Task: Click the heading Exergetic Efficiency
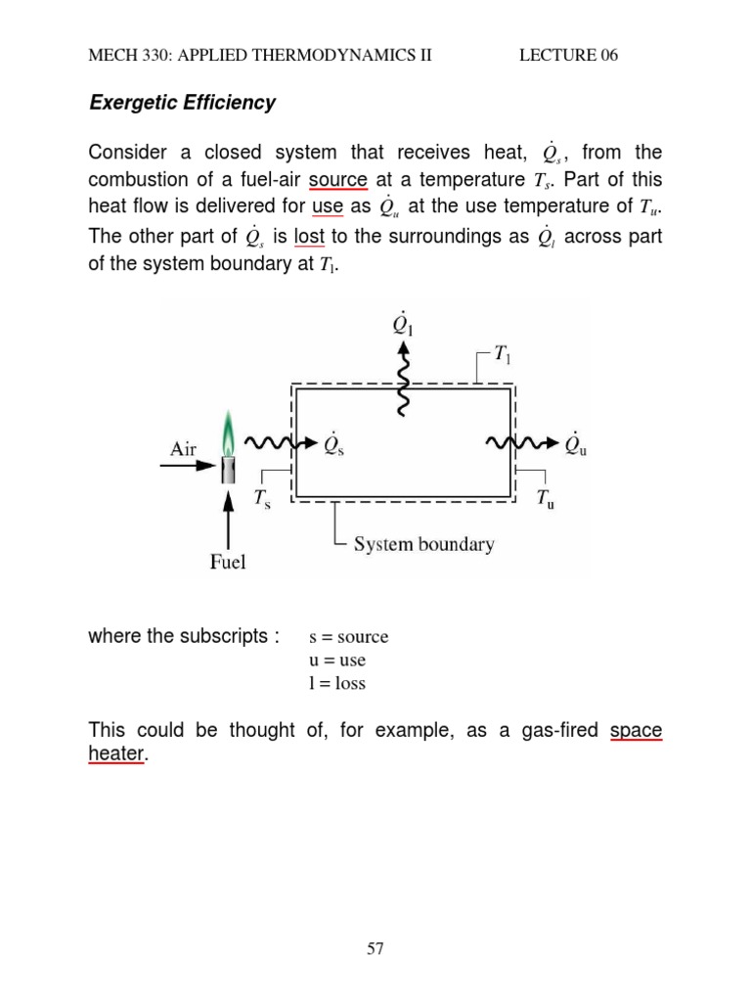(x=182, y=103)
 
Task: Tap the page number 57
(x=375, y=948)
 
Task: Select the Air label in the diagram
(x=184, y=449)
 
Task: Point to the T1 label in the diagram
(x=501, y=356)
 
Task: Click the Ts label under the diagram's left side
(x=263, y=499)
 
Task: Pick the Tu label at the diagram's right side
(x=545, y=499)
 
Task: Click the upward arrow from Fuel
(x=229, y=519)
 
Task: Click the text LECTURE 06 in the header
(x=568, y=55)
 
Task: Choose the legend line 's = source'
(x=348, y=637)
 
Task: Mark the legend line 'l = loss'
(x=336, y=684)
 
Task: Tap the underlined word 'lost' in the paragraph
(x=309, y=237)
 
